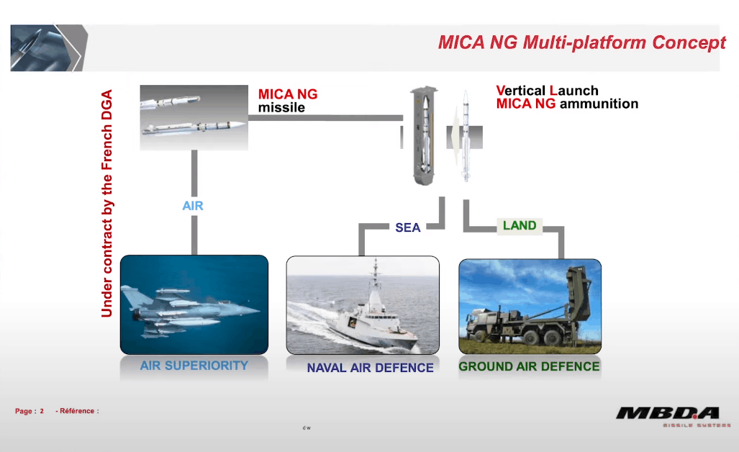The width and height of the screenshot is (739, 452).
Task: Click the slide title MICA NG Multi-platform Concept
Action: tap(581, 42)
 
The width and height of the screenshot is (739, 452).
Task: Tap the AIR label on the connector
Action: tap(193, 206)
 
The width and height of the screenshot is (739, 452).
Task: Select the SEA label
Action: tap(407, 227)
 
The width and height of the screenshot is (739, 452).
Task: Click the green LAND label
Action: tap(520, 226)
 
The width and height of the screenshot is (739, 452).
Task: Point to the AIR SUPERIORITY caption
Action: tap(194, 365)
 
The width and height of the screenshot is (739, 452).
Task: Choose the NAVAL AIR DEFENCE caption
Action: tap(370, 368)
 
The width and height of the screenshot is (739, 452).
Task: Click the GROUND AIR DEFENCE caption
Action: tap(529, 366)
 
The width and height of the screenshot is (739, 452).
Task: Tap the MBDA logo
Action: tap(667, 412)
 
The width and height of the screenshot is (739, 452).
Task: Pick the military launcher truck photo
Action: tap(530, 306)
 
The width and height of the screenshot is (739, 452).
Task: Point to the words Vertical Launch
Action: tap(547, 91)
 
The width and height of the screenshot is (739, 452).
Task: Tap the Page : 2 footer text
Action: tap(30, 411)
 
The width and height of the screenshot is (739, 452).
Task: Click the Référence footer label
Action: tap(76, 411)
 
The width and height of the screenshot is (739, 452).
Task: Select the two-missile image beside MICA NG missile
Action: tap(194, 117)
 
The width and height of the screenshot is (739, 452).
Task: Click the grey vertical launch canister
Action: tap(422, 135)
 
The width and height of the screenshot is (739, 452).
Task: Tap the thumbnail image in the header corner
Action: tap(48, 48)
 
